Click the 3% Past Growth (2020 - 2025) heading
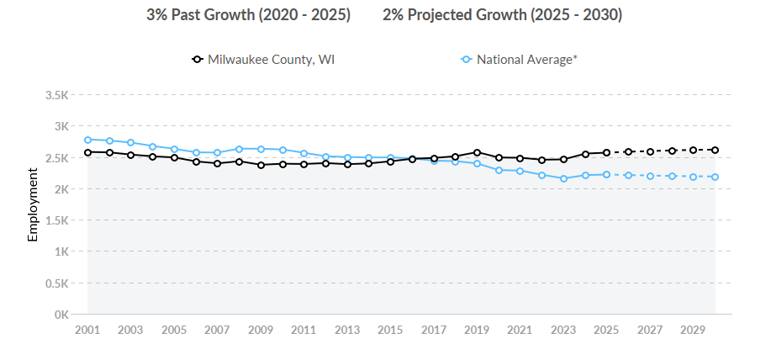pos(248,15)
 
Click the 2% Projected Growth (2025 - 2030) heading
pos(502,15)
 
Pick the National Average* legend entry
pos(519,60)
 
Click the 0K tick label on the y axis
pos(61,315)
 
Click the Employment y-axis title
pos(34,204)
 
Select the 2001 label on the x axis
pos(87,330)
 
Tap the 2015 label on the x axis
pos(390,330)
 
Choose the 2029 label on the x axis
pos(693,330)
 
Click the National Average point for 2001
pos(87,140)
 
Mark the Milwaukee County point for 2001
pos(87,152)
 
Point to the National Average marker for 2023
pos(563,178)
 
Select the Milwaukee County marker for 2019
pos(477,152)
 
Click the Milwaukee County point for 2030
pos(715,150)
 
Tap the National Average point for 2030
pos(715,177)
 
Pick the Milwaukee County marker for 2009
pos(261,165)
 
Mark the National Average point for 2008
pos(239,149)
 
